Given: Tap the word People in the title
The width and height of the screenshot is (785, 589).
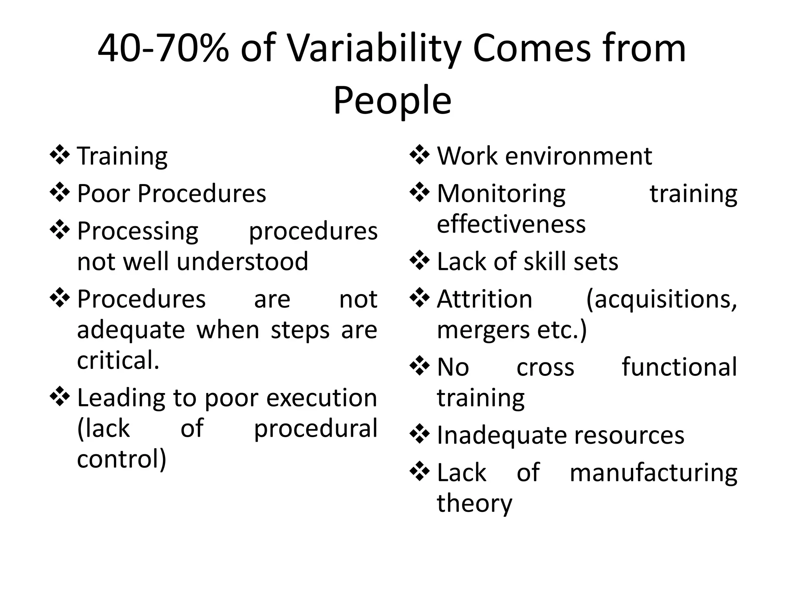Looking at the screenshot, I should tap(392, 101).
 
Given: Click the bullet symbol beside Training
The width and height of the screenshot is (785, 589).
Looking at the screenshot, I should tap(60, 155).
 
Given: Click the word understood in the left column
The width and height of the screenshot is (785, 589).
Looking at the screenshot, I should tap(242, 262).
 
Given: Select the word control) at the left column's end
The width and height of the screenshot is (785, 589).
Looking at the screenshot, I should tap(122, 459).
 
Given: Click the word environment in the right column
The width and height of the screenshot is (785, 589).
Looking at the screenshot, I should tap(578, 156).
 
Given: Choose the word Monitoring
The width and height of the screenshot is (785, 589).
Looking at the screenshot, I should tap(501, 194).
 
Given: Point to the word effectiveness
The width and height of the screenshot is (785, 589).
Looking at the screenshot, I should tap(511, 224).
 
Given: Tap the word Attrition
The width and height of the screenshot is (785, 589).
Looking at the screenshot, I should tap(484, 299).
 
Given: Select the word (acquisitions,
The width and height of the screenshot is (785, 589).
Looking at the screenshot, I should tap(662, 300).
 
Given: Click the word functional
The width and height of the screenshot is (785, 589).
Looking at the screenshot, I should tap(679, 367).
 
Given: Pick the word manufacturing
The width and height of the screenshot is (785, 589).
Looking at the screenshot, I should tap(653, 472).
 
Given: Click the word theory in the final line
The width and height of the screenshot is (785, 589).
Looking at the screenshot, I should tap(474, 503).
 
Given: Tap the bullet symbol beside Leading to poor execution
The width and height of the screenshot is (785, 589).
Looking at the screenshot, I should tap(60, 397).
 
